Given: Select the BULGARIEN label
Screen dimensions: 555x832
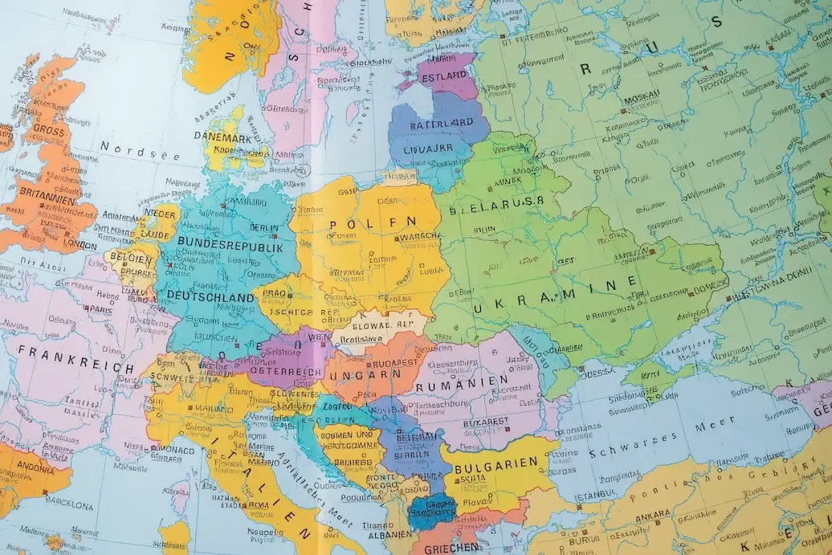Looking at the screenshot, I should click(495, 465).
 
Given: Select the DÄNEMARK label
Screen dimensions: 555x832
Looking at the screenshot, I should click(222, 136).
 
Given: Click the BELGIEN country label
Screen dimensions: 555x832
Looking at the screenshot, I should click(132, 258).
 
